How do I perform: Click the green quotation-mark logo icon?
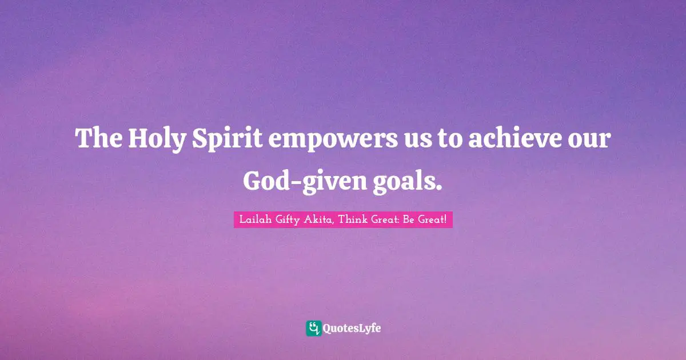tap(313, 328)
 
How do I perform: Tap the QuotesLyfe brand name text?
tap(352, 329)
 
